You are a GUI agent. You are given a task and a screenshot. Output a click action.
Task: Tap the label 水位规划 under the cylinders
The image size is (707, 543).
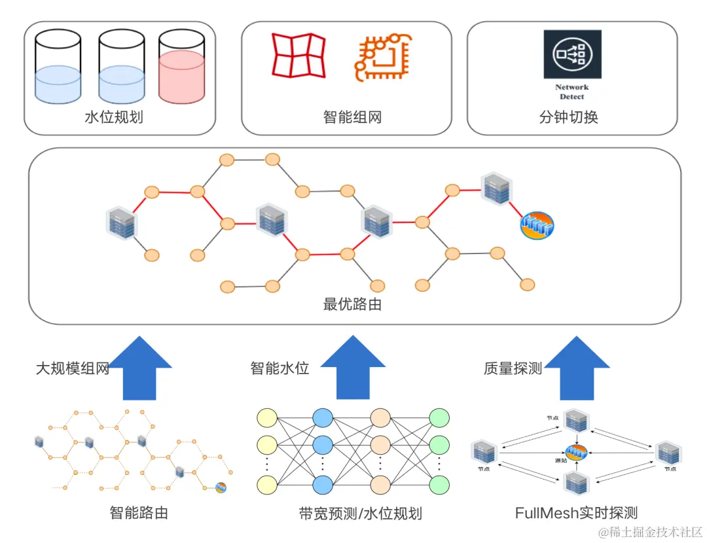[x=114, y=118]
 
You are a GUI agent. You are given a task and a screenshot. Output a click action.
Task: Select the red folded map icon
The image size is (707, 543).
[x=299, y=55]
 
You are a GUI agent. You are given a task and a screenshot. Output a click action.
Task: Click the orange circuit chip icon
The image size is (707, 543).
[x=380, y=58]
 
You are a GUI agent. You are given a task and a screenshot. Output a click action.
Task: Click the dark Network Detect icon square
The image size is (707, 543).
[x=571, y=55]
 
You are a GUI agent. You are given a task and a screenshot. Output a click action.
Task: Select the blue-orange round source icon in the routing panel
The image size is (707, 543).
[x=537, y=225]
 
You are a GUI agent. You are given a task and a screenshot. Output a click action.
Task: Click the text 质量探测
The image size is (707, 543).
[x=513, y=368]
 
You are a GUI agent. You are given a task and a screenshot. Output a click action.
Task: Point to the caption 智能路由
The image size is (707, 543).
[x=139, y=512]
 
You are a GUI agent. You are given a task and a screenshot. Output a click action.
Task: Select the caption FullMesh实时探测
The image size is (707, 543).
[x=576, y=512]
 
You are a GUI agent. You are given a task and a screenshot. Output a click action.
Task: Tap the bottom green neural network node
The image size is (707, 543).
[x=439, y=485]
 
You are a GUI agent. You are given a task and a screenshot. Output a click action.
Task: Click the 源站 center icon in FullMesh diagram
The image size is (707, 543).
[x=575, y=451]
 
